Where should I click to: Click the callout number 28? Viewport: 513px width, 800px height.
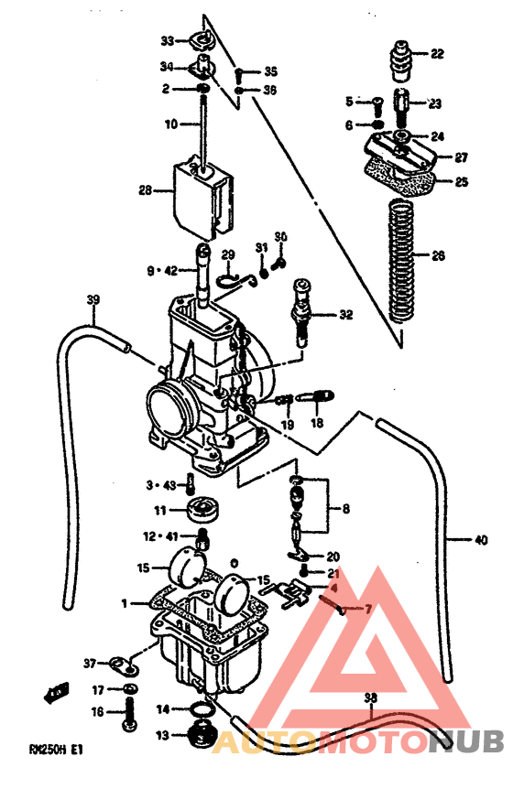point(145,191)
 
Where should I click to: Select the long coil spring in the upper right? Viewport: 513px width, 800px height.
point(398,261)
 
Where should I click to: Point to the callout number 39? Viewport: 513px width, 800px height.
point(93,300)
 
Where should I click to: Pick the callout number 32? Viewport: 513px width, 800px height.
point(344,315)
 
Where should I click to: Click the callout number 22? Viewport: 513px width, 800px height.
point(436,54)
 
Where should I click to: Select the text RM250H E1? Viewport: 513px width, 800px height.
point(56,748)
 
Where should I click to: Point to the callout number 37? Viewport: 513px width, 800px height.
point(90,663)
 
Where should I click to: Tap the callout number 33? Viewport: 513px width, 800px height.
point(167,41)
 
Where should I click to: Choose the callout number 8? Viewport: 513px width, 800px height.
point(344,507)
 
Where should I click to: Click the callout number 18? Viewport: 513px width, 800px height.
point(316,424)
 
